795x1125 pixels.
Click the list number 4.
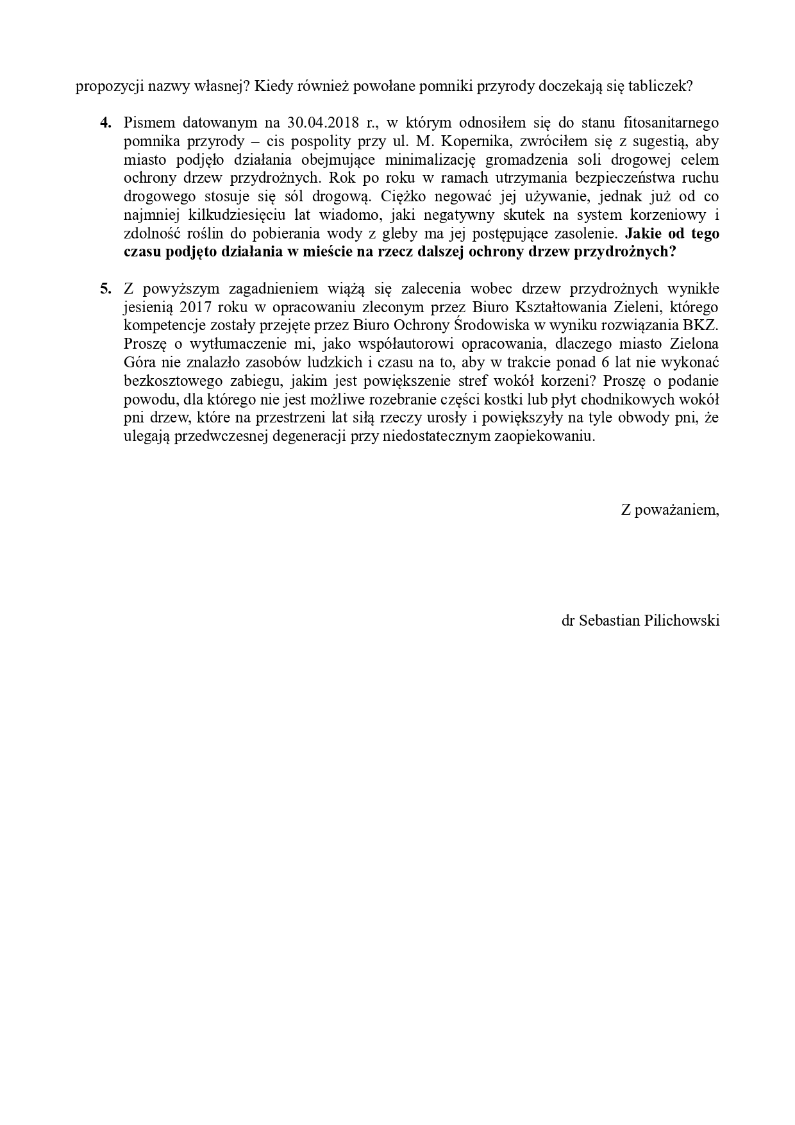[x=106, y=122]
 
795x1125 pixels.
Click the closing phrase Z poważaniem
[x=669, y=510]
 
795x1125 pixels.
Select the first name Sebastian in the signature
[x=608, y=621]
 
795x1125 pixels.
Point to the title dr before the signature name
[x=567, y=621]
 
